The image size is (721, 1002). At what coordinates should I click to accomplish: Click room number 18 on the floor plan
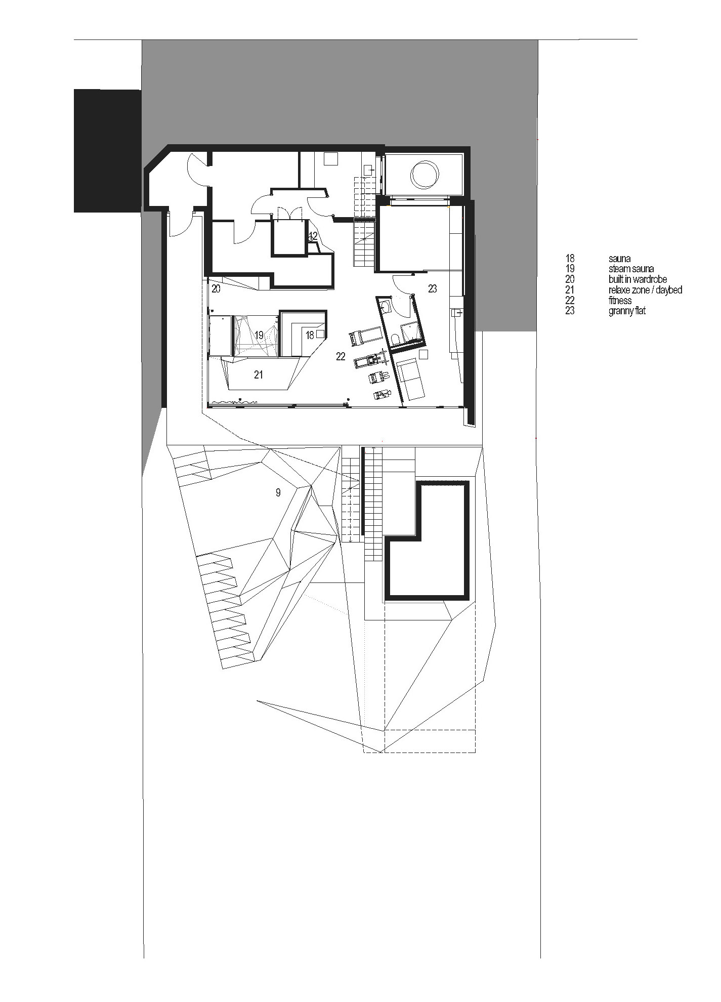coord(310,335)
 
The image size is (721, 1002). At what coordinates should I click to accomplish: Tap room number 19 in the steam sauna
coord(259,335)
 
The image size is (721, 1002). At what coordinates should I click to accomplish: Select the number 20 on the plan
coord(216,289)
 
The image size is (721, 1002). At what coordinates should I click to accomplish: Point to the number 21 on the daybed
coord(259,375)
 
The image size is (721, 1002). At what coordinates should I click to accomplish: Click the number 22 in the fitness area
coord(341,357)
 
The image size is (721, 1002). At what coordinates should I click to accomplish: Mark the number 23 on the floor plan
coord(432,289)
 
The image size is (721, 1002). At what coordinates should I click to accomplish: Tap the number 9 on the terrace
coord(278,492)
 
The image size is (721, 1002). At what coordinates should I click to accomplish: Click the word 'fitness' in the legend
coord(620,301)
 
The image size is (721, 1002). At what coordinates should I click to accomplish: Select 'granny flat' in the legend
coord(627,311)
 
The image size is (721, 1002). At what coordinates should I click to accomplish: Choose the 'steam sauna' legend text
coord(631,269)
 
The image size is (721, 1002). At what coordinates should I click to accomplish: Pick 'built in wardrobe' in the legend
coord(638,279)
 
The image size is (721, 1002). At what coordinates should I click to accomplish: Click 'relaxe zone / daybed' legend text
coord(645,290)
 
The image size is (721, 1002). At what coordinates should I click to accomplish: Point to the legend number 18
coord(570,259)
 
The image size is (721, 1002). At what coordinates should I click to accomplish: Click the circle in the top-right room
coord(424,175)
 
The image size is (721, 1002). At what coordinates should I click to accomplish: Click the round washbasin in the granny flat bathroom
coord(386,305)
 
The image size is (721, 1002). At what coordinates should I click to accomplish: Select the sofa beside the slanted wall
coord(411,380)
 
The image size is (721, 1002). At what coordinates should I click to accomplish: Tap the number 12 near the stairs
coord(313,236)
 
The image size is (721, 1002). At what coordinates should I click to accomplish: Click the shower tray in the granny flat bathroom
coord(409,332)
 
